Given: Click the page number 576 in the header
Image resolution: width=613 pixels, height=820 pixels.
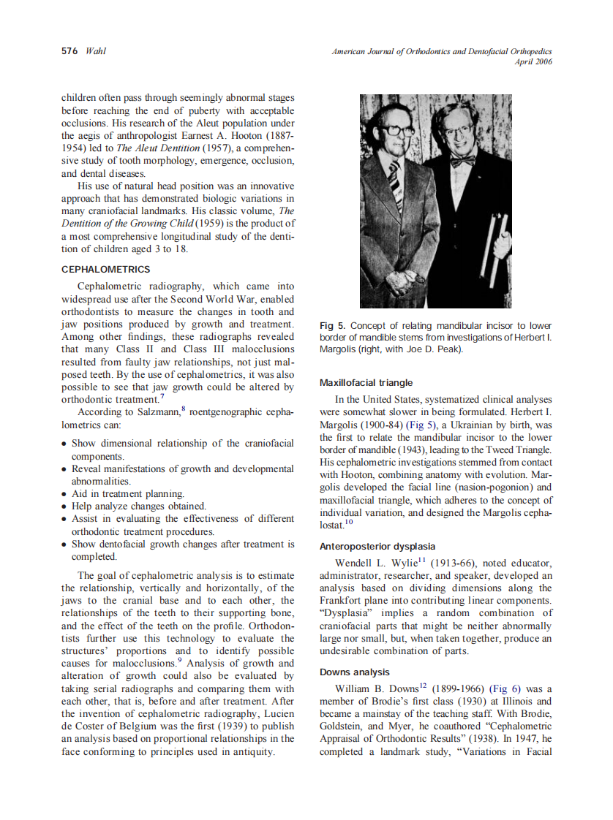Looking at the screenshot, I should pyautogui.click(x=70, y=51).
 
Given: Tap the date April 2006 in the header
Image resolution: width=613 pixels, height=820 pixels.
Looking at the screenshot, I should pyautogui.click(x=533, y=62).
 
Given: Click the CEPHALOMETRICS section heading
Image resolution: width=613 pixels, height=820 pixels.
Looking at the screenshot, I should pyautogui.click(x=106, y=270).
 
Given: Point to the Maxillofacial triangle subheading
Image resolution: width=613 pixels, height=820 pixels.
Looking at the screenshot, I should pyautogui.click(x=366, y=382).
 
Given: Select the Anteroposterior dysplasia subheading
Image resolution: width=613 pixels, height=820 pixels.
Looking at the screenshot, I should pyautogui.click(x=377, y=546).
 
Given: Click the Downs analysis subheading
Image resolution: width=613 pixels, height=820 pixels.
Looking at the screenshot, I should pyautogui.click(x=355, y=672).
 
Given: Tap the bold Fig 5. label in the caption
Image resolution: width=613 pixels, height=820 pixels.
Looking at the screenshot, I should pyautogui.click(x=333, y=325).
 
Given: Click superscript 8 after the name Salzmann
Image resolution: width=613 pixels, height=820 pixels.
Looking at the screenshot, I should pyautogui.click(x=184, y=410).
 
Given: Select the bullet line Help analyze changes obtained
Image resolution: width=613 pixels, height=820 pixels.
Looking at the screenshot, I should pyautogui.click(x=138, y=506).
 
